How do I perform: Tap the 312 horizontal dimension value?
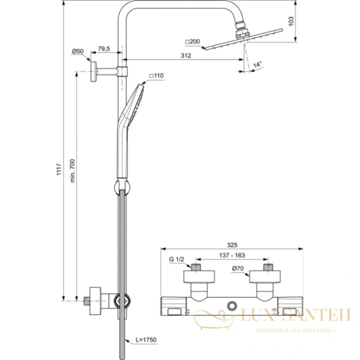click(185, 56)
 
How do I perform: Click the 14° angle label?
click(257, 64)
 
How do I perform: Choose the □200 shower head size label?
click(193, 41)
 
